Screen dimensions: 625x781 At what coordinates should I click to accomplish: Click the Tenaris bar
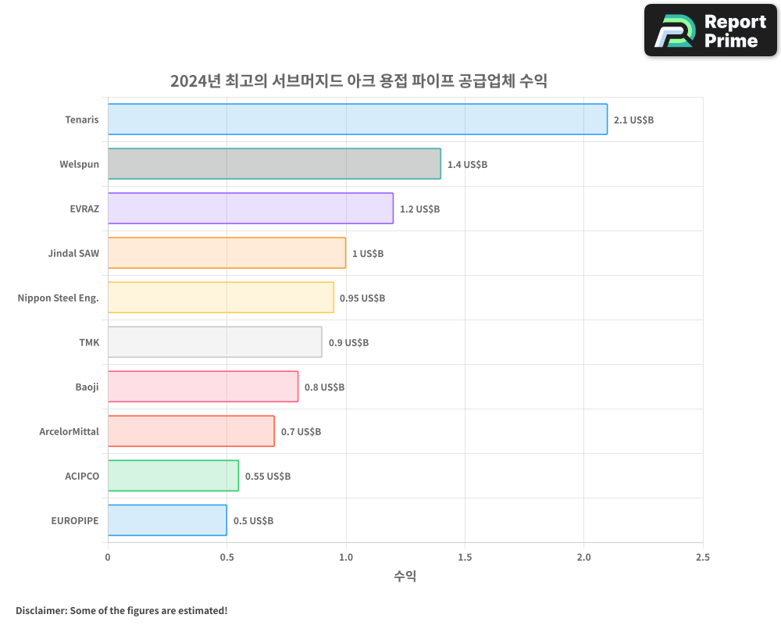pos(357,120)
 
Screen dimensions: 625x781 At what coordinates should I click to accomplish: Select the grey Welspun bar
pos(273,164)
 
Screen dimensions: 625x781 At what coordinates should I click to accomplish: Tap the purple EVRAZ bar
pos(250,209)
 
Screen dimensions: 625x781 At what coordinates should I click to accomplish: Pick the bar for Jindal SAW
pos(226,253)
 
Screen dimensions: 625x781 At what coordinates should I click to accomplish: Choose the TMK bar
pos(214,342)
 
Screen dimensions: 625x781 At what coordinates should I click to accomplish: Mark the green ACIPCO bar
pos(173,476)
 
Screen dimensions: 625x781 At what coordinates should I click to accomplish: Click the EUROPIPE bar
pos(166,520)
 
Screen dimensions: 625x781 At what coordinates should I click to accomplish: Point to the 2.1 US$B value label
pos(633,120)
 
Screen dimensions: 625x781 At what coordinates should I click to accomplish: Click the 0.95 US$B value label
pos(362,298)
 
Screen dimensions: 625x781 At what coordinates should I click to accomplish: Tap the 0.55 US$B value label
pos(268,477)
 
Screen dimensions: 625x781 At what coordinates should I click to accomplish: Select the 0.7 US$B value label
pos(301,432)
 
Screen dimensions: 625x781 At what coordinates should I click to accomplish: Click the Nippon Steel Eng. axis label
pos(59,298)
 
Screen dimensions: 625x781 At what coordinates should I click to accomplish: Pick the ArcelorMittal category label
pos(69,431)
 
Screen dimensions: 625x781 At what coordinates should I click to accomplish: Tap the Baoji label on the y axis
pos(87,387)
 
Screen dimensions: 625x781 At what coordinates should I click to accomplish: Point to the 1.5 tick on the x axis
pos(465,557)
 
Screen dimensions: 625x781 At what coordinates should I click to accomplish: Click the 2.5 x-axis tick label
pos(702,557)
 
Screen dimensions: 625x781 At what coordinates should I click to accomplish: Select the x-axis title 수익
pos(405,577)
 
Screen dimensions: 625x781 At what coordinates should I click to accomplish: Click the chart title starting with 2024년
pos(358,81)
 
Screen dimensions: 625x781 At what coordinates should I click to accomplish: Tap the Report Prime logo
pos(710,30)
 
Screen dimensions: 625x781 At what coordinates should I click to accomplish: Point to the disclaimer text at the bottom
pos(122,610)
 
